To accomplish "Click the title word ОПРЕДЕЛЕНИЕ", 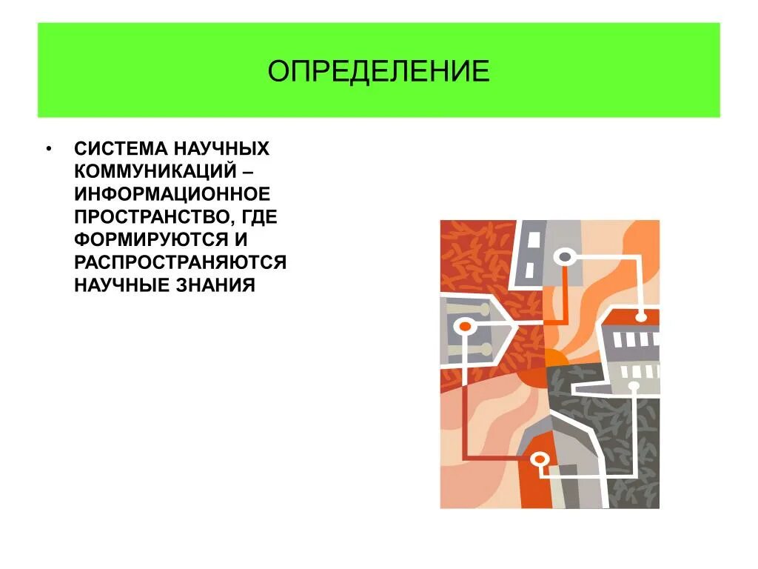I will (x=378, y=72).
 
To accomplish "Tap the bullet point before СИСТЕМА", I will (x=48, y=148).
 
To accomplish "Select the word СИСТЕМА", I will (x=113, y=148).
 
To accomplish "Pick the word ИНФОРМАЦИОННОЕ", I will (x=171, y=194).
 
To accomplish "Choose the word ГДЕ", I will (x=260, y=217).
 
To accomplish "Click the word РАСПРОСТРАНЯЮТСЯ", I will (x=180, y=263).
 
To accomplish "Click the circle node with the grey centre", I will (x=565, y=257).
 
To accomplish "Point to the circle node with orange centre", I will (x=466, y=325).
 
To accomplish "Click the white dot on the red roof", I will (x=641, y=317).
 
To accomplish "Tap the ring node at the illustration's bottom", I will (x=540, y=459).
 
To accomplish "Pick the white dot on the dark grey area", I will (x=634, y=386).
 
